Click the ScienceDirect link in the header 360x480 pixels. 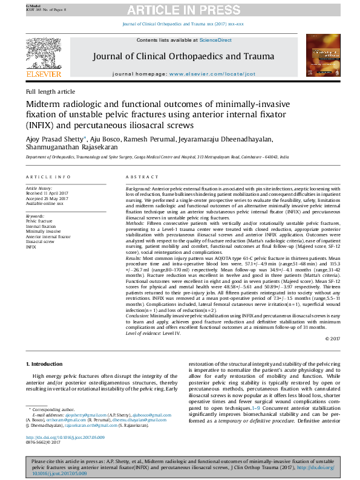[216, 40]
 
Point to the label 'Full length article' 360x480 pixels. [50, 91]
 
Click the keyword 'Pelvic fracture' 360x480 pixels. [40, 222]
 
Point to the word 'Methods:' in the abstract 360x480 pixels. [136, 223]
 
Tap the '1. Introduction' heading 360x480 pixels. [46, 364]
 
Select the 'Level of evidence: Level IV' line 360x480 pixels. [154, 333]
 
